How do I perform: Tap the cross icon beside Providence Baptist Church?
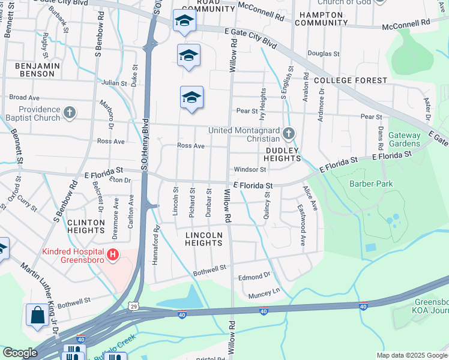pyautogui.click(x=70, y=112)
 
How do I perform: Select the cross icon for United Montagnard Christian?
pyautogui.click(x=289, y=133)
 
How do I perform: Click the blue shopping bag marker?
pyautogui.click(x=37, y=315)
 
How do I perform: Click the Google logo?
pyautogui.click(x=20, y=353)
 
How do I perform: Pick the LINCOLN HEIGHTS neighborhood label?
pyautogui.click(x=204, y=239)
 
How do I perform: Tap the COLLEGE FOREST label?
pyautogui.click(x=351, y=80)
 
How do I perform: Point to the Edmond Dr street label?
pyautogui.click(x=255, y=277)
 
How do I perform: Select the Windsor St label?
pyautogui.click(x=250, y=170)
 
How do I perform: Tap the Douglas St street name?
pyautogui.click(x=324, y=53)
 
